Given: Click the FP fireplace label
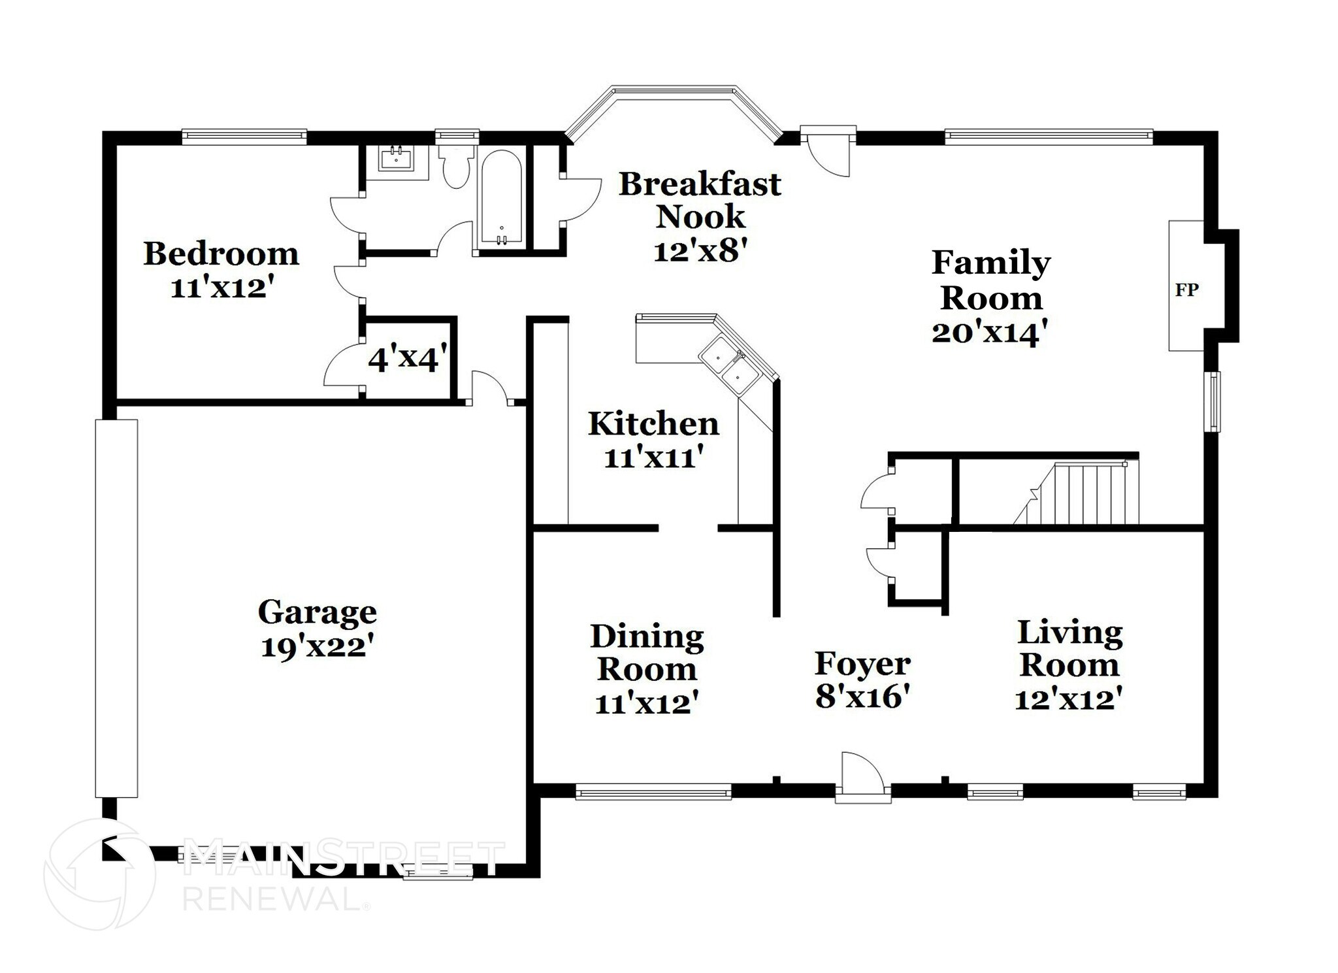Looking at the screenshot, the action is [x=1186, y=289].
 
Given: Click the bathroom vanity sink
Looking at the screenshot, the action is [x=396, y=158].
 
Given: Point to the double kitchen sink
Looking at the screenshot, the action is [x=730, y=364].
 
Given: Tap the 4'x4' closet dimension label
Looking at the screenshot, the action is [x=408, y=358].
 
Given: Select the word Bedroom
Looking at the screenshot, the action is [x=221, y=254].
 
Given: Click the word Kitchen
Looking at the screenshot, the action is [x=653, y=423].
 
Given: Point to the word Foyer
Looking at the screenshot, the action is [x=862, y=665].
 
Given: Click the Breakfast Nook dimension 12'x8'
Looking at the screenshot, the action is [x=700, y=250].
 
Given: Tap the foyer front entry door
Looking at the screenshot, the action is [x=862, y=778].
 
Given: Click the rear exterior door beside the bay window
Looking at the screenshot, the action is [x=828, y=151].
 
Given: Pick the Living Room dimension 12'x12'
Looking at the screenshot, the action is [x=1069, y=700].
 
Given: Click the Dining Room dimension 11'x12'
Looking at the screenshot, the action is [x=647, y=704].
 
